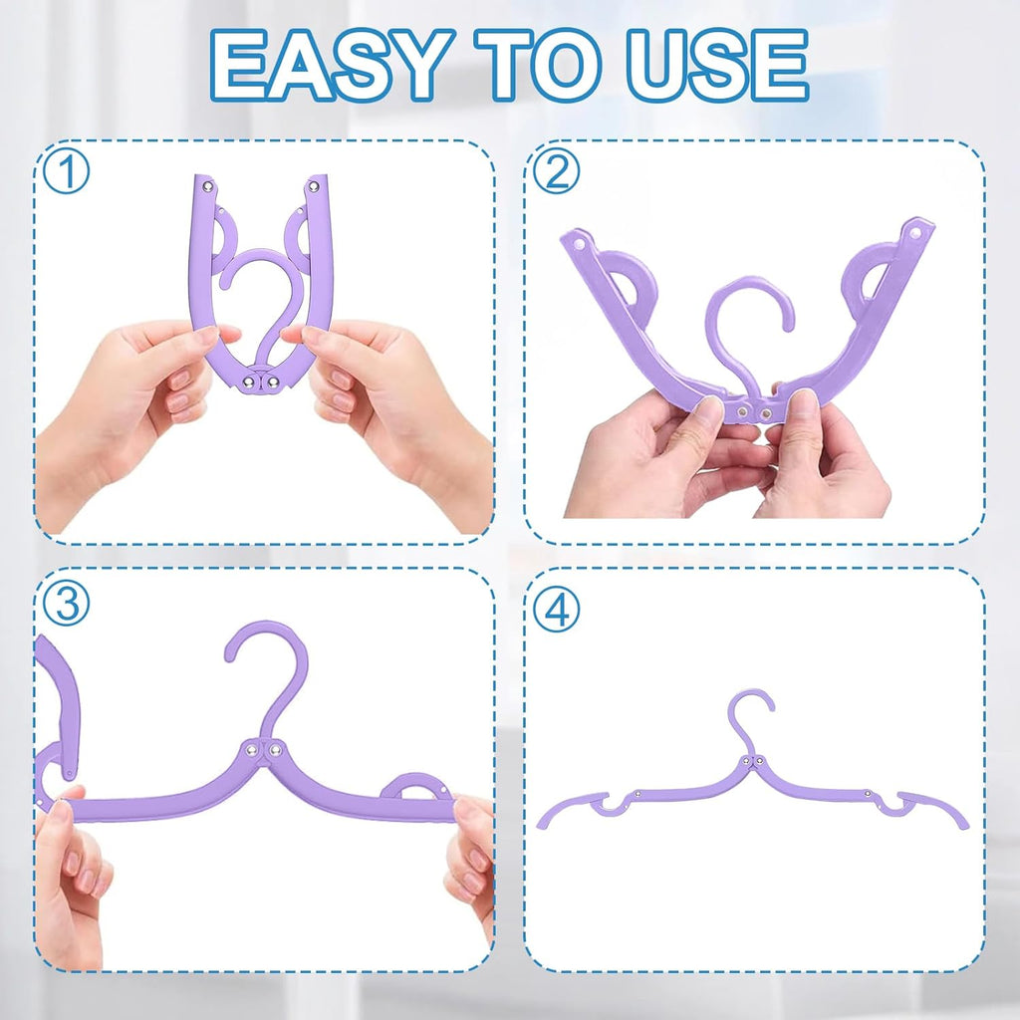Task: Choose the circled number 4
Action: (x=556, y=610)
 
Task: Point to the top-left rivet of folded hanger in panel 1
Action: (x=207, y=184)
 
